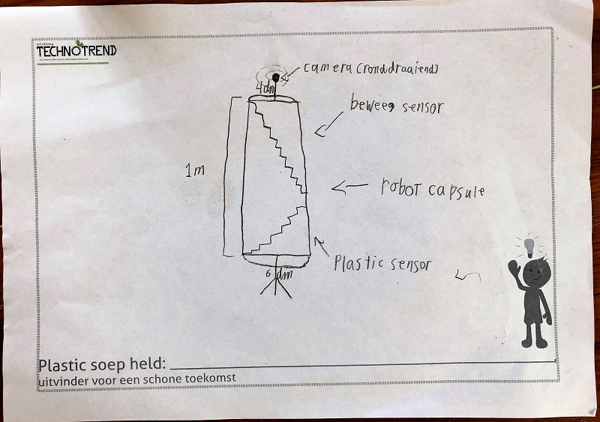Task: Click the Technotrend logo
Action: [x=76, y=51]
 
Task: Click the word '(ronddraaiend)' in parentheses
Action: [x=397, y=69]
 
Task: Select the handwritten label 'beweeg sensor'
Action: [x=397, y=106]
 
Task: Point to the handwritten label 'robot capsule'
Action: [x=431, y=188]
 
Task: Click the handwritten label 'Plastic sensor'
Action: [x=382, y=263]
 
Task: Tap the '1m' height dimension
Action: [x=194, y=171]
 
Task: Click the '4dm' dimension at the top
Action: [x=265, y=89]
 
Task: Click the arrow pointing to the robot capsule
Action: [x=349, y=187]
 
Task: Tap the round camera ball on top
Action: [x=276, y=77]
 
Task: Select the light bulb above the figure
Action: [x=529, y=245]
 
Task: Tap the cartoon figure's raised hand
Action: [x=513, y=267]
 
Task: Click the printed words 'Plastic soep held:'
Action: [x=101, y=365]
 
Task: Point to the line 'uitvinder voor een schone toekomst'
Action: [x=136, y=379]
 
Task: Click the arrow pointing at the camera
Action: [x=291, y=73]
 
